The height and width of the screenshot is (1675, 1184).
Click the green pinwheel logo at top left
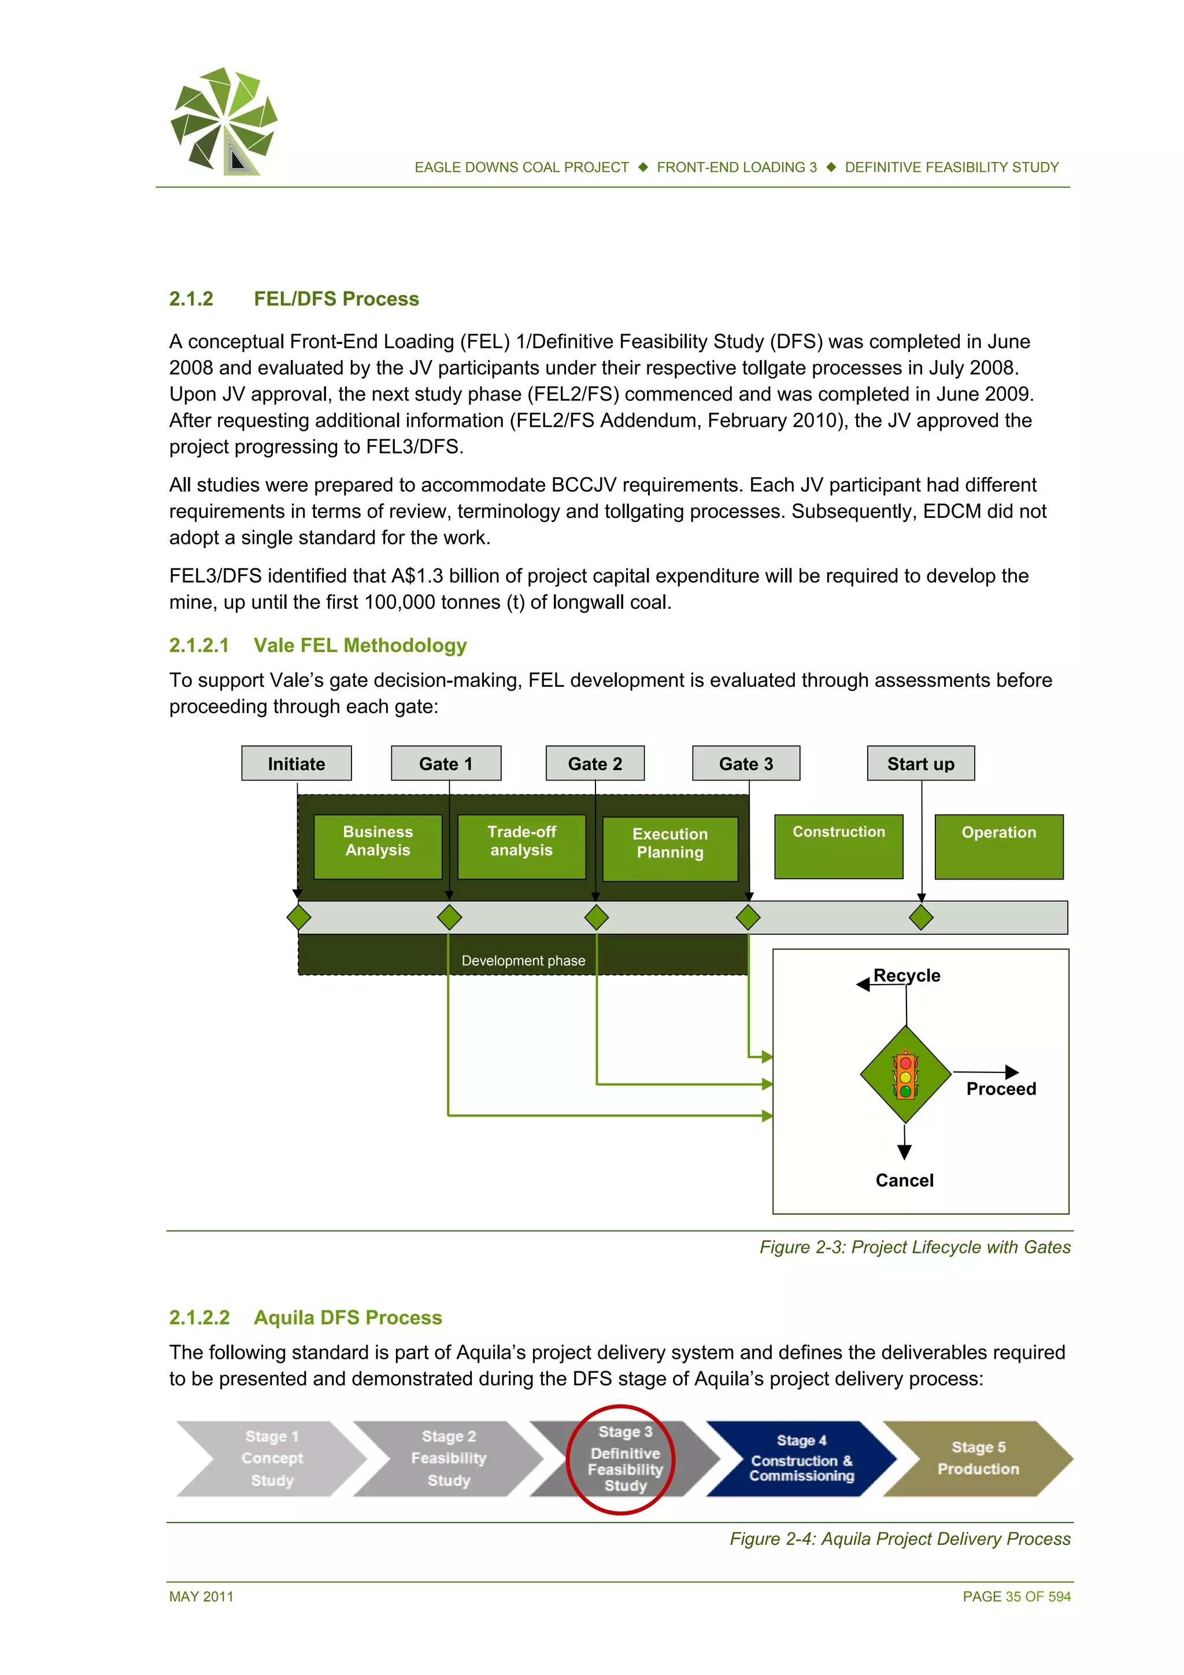[224, 121]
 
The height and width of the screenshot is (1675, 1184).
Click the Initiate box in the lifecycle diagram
[296, 763]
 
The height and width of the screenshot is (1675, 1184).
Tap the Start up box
[920, 763]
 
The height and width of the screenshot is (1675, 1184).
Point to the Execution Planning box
[669, 848]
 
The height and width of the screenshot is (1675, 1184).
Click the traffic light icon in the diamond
[905, 1074]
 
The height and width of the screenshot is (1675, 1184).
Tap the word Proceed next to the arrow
[1001, 1089]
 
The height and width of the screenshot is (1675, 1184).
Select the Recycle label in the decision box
[906, 975]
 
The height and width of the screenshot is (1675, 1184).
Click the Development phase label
[523, 961]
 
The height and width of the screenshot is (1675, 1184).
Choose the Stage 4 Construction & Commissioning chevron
[801, 1458]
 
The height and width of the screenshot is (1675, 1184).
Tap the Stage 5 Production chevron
[978, 1458]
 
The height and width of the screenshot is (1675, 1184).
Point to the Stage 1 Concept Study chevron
[271, 1458]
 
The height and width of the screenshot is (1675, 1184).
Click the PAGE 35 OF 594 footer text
[1016, 1596]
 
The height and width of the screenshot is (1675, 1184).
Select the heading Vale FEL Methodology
[360, 646]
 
